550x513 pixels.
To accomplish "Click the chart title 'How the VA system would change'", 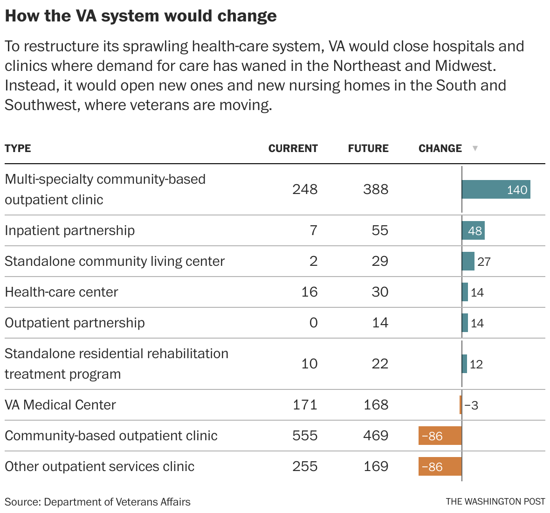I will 141,16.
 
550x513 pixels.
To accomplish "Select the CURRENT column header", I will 293,148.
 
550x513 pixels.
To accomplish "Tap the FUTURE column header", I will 368,148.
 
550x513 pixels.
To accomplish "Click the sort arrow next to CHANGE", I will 475,148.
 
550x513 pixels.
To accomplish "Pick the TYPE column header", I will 18,148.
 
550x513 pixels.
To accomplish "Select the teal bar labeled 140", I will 496,189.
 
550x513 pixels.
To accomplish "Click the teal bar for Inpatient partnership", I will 473,230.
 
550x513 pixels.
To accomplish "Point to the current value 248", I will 305,189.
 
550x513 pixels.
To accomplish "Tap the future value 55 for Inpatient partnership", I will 380,230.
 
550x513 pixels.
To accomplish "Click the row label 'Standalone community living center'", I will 115,261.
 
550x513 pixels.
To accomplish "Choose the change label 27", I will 484,262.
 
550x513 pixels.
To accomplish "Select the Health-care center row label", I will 61,292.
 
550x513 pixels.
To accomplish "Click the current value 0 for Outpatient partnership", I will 313,323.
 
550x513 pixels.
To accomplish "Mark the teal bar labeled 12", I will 464,364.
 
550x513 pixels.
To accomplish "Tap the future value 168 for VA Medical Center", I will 376,405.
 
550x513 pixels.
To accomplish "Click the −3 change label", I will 471,405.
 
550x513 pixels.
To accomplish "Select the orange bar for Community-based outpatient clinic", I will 440,436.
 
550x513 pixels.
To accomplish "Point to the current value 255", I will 305,466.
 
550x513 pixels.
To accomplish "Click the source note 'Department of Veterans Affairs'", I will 117,502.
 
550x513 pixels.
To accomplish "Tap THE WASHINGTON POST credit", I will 495,502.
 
